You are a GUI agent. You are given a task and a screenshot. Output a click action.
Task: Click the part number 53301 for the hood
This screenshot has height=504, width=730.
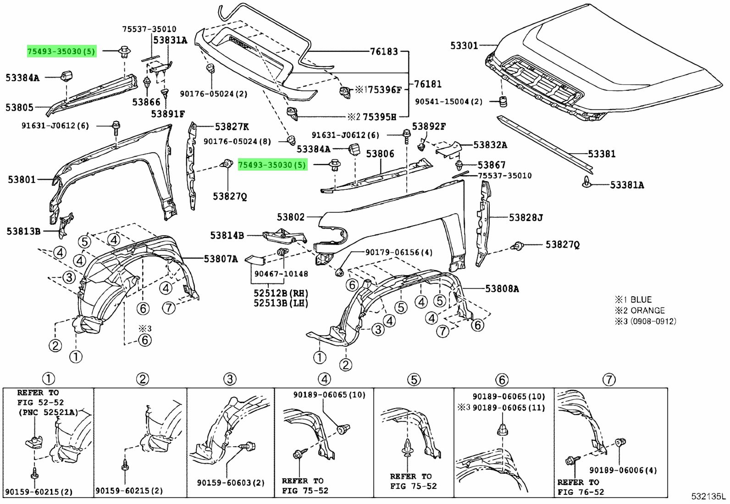(464, 45)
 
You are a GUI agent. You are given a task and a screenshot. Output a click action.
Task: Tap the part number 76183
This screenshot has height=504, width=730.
(384, 52)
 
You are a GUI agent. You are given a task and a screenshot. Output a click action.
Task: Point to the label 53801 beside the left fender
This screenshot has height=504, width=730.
(21, 180)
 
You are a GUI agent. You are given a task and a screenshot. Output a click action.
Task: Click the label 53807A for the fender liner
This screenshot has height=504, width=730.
(221, 259)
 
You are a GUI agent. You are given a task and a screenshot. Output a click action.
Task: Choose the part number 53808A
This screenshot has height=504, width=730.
(502, 289)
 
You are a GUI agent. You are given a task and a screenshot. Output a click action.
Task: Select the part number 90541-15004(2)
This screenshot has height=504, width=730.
(448, 101)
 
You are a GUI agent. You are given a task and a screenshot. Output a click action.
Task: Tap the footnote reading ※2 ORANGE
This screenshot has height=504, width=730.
(640, 310)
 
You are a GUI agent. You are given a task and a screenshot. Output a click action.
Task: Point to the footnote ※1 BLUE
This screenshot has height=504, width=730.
(633, 300)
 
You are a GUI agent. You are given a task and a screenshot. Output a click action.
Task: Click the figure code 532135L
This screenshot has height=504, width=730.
(709, 497)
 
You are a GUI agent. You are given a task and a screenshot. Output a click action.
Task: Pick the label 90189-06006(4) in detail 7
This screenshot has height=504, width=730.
(623, 470)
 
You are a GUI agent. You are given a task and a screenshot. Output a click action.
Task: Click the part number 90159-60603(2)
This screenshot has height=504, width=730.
(231, 483)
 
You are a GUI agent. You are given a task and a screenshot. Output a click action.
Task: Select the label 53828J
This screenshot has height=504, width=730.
(525, 217)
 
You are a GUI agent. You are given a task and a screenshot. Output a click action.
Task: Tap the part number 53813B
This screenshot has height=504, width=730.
(23, 231)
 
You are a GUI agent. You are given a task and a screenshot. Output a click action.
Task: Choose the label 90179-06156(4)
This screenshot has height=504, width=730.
(398, 252)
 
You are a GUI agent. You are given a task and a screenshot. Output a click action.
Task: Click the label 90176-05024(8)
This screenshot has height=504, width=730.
(237, 142)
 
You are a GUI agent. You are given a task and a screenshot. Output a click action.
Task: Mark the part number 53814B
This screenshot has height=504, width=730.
(227, 236)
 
